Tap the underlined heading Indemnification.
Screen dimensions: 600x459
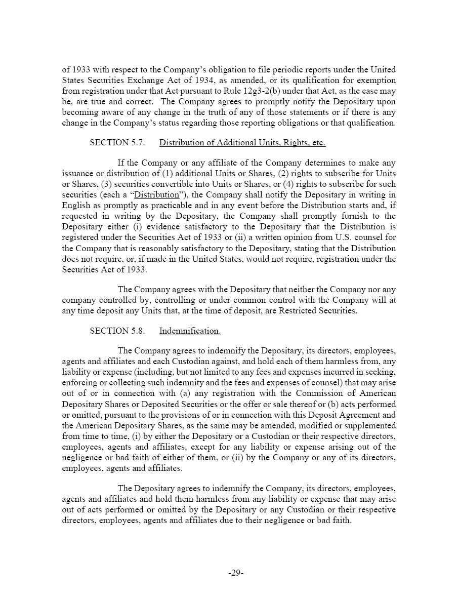(x=190, y=331)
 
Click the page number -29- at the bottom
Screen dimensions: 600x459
(x=236, y=573)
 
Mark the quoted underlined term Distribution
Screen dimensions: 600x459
(x=157, y=195)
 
